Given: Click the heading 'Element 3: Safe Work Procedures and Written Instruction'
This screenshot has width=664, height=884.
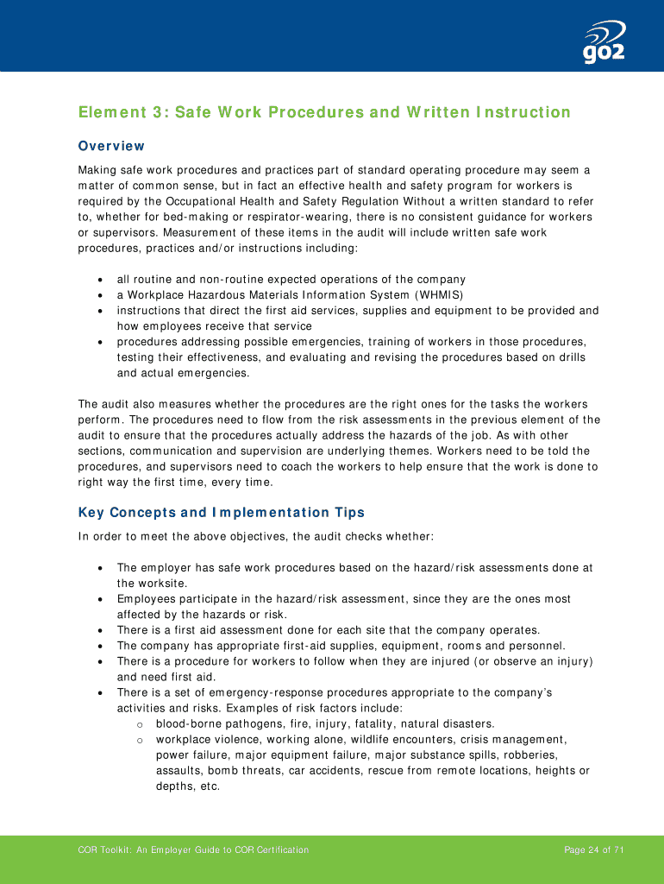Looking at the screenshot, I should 324,112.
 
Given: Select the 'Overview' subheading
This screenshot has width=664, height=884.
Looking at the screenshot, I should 111,146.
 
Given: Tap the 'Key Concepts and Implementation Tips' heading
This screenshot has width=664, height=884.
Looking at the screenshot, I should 222,513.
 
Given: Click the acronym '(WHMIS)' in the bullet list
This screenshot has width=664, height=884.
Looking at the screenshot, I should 433,294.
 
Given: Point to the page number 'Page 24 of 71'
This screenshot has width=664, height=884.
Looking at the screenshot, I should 594,850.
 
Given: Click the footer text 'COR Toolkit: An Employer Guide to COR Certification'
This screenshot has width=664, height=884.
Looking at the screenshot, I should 193,850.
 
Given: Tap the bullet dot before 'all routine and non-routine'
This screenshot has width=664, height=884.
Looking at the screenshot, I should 102,280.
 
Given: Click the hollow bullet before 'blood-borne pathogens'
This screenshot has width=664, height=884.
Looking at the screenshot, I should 140,724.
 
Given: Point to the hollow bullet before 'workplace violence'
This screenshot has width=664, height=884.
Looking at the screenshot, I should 140,740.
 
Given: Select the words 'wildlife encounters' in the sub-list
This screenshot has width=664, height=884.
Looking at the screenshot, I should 387,740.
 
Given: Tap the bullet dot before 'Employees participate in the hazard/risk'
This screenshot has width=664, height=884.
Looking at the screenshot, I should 102,599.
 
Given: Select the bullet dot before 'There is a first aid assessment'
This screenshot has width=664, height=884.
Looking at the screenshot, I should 102,630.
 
